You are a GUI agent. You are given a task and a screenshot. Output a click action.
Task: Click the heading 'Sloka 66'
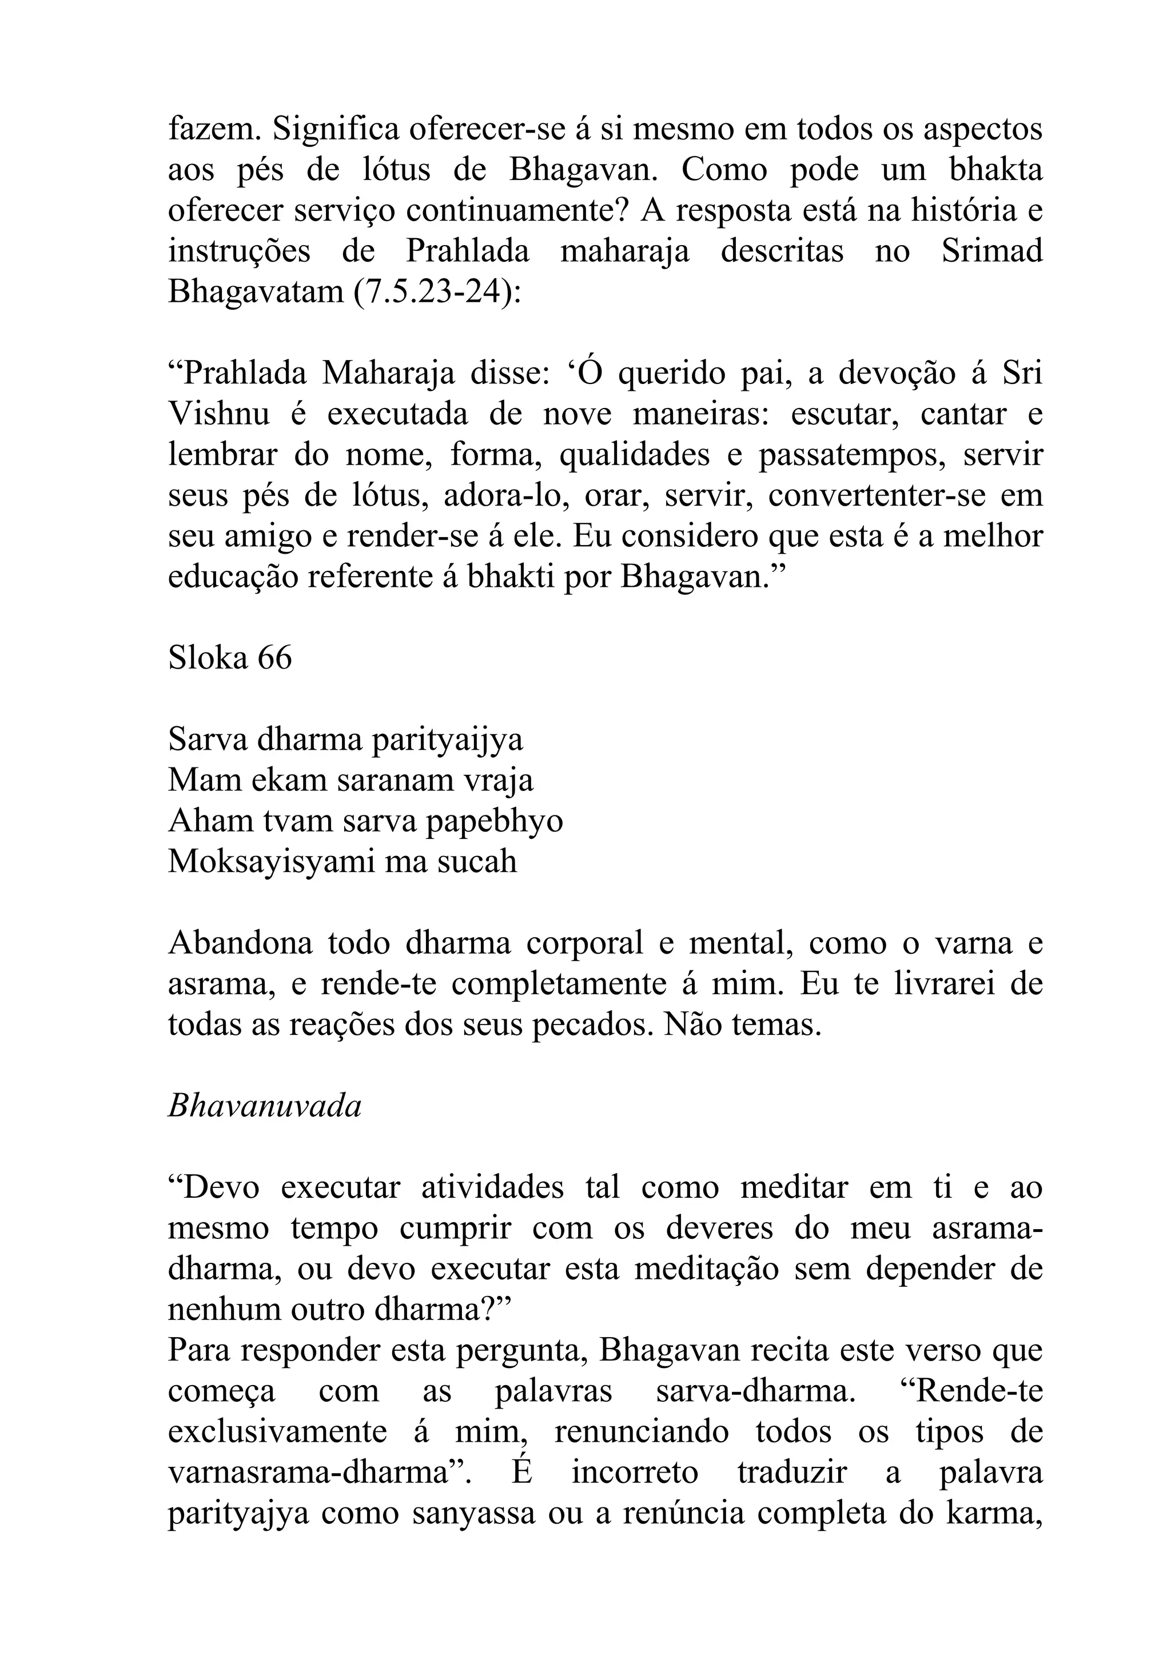(x=229, y=658)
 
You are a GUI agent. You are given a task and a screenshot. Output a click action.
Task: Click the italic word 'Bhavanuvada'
(x=264, y=1106)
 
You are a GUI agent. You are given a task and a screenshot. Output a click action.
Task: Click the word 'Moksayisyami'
(x=271, y=862)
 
